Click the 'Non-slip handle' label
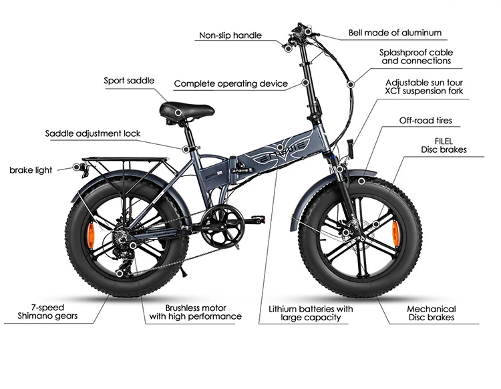230,35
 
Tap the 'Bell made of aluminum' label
395,32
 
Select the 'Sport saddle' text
129,81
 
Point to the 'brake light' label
31,170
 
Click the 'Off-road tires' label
426,121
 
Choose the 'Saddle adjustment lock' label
93,133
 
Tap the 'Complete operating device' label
230,84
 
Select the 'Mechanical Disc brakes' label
432,313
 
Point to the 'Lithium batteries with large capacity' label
311,313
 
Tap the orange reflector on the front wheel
394,232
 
